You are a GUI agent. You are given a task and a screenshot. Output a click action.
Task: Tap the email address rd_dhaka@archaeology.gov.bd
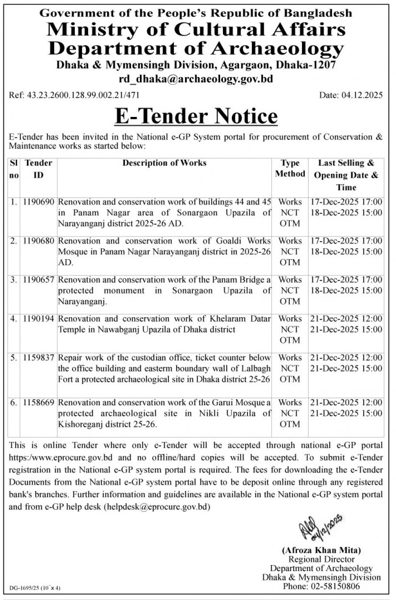[196, 79]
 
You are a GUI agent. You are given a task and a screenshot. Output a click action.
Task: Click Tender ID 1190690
[38, 202]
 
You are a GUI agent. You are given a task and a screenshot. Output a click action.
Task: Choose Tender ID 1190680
[38, 241]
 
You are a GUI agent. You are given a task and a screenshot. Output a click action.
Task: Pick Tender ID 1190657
[38, 280]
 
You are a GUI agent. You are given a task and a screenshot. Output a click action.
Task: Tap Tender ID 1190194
[38, 319]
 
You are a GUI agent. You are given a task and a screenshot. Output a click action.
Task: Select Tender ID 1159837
[38, 358]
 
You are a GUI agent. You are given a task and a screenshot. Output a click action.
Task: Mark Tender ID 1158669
[38, 403]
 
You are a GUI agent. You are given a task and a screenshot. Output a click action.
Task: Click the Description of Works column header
[164, 163]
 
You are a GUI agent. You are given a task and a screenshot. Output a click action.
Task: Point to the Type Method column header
[290, 168]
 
